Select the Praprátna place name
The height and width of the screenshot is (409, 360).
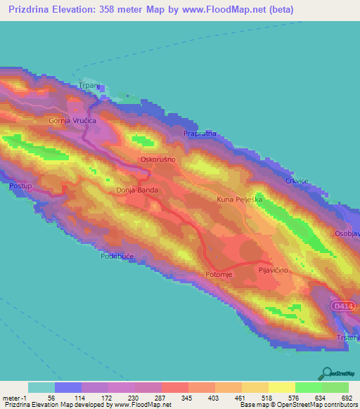[199, 133]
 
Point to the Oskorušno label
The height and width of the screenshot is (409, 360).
[157, 160]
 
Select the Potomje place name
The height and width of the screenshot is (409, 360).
[219, 273]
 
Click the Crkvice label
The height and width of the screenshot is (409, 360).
[297, 181]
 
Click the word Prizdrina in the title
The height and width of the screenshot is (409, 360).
[32, 10]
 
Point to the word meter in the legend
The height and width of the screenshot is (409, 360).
[11, 399]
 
